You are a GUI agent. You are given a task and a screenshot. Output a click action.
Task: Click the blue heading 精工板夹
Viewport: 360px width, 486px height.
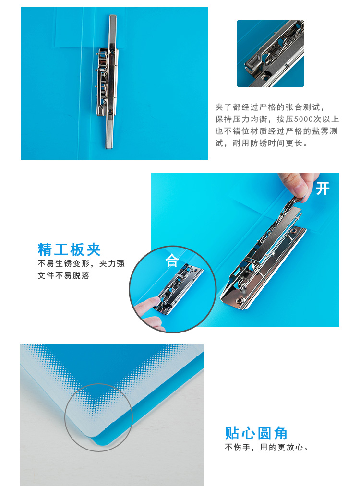(69, 249)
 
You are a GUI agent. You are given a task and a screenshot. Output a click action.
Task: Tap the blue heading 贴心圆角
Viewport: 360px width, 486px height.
(256, 433)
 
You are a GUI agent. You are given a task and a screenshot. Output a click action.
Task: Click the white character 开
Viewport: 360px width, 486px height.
(323, 189)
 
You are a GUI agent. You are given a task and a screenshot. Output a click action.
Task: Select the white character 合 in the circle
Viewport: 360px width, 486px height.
(171, 261)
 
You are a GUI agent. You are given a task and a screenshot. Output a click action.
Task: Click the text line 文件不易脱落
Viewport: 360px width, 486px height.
(63, 275)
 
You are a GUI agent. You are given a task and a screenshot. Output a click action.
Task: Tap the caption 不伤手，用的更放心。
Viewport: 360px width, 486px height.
(267, 447)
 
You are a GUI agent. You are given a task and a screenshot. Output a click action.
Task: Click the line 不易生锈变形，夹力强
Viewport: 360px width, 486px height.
(81, 263)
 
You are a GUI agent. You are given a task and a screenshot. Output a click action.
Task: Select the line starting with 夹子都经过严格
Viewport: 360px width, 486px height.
(270, 107)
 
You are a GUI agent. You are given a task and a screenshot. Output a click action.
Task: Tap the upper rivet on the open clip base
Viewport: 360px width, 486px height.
(293, 231)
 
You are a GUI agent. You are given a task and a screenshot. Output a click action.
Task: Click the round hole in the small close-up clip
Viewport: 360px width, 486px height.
(266, 75)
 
